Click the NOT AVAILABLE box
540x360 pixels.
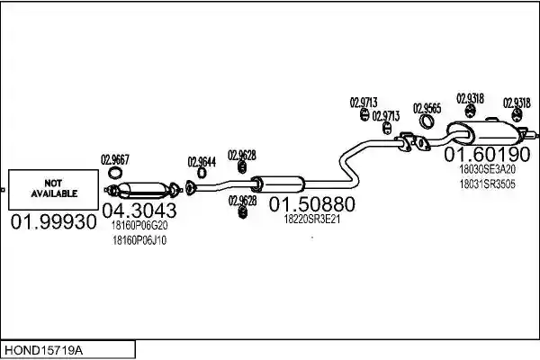tap(53, 190)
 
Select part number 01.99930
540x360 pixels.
tap(53, 222)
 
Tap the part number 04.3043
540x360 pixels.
tap(139, 210)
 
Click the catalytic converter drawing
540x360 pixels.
tap(143, 190)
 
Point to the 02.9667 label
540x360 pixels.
tap(115, 159)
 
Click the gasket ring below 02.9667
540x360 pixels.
tap(115, 173)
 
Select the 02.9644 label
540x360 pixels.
tap(202, 162)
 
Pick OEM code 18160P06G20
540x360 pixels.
tap(139, 226)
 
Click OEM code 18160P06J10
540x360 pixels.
tap(139, 240)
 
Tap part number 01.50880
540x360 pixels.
tap(311, 204)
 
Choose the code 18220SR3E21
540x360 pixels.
tap(311, 219)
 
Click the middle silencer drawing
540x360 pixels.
tap(277, 184)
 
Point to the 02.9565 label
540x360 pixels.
tap(427, 108)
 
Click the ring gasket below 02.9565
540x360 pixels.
tap(427, 121)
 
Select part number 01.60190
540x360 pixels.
tap(487, 154)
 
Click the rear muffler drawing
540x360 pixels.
tap(487, 132)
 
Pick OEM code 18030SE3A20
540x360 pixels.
tap(487, 169)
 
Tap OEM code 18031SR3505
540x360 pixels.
tap(487, 184)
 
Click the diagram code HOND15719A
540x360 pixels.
tap(43, 351)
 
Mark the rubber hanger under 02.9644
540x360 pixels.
tap(202, 173)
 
